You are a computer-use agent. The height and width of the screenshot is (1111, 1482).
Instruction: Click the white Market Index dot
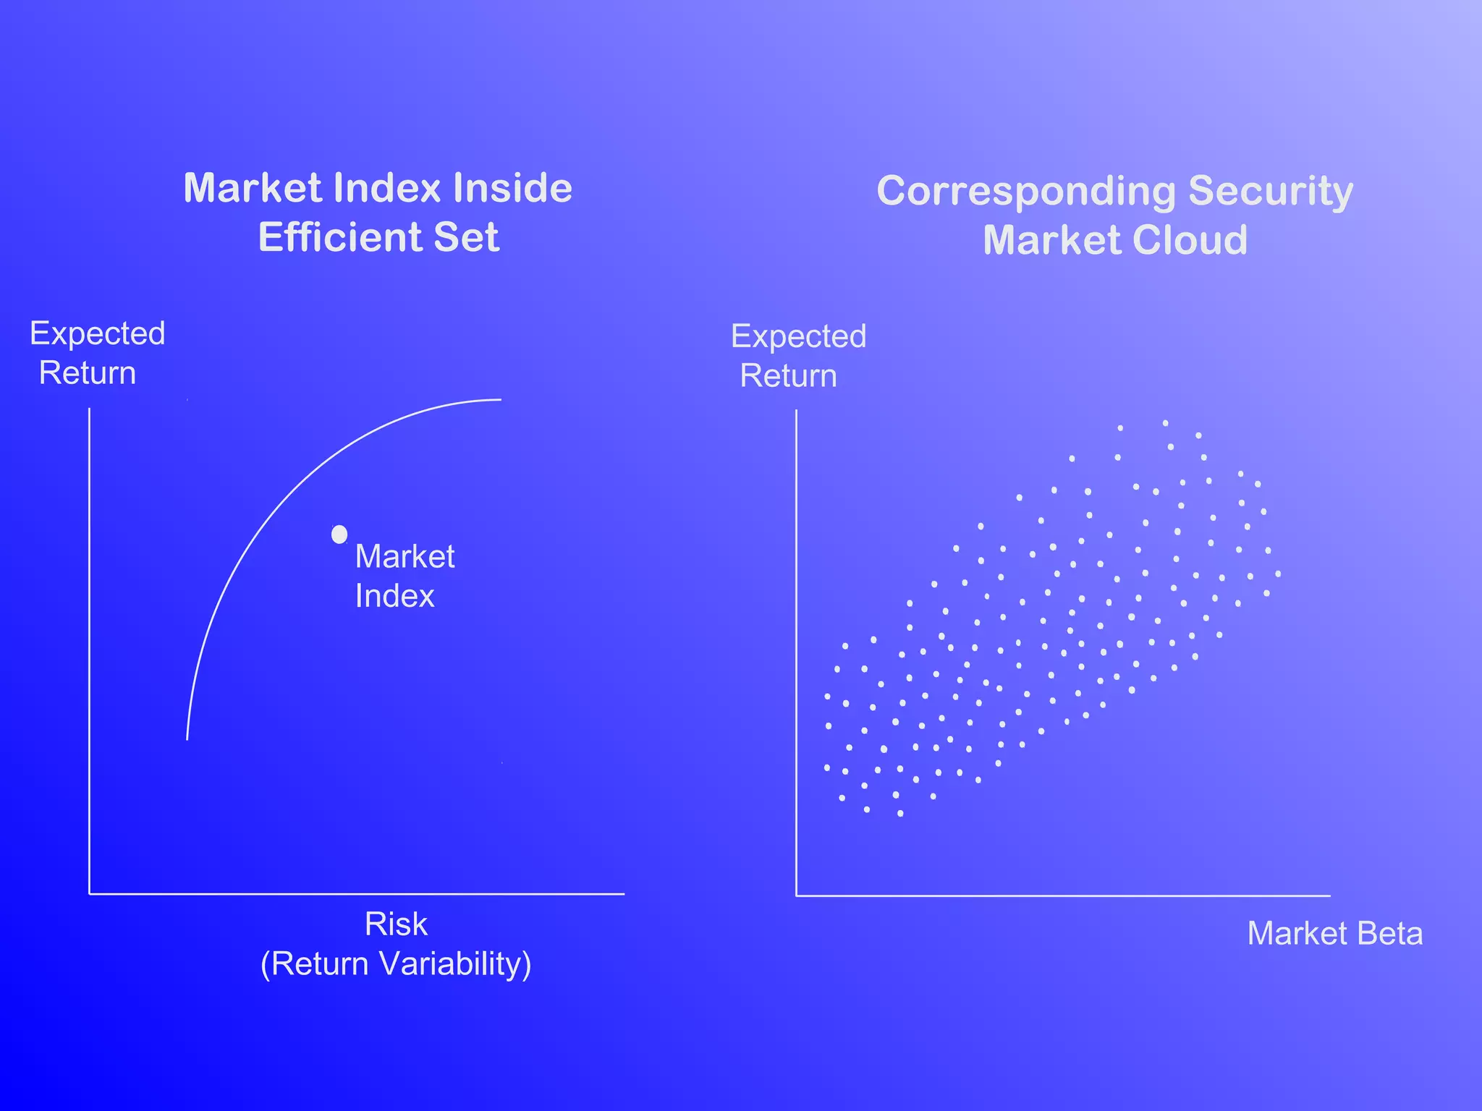[339, 535]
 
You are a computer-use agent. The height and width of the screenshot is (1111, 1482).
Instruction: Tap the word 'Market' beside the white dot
[405, 557]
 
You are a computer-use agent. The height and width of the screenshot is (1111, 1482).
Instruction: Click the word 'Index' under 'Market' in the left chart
[394, 597]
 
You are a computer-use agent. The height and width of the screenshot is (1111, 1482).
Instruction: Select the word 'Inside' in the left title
[512, 188]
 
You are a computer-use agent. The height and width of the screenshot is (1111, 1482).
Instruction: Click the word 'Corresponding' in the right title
[1025, 192]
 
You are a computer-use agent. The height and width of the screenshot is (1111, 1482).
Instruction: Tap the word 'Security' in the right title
[1271, 192]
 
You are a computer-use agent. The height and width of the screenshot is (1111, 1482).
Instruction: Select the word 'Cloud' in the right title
[1190, 240]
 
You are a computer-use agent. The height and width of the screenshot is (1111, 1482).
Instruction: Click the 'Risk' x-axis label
[396, 924]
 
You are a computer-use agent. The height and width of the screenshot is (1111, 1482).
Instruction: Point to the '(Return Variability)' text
[396, 964]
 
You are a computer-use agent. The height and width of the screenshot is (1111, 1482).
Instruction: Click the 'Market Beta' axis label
[1335, 934]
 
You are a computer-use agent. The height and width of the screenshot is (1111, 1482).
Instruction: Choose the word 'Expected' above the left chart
[98, 333]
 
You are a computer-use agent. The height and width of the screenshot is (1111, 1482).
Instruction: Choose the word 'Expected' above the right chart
[799, 336]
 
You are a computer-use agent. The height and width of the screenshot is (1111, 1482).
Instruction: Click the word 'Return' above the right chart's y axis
[789, 376]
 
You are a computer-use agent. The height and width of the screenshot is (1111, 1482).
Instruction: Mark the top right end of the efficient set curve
[500, 399]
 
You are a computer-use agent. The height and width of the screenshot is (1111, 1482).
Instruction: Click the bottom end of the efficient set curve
[187, 738]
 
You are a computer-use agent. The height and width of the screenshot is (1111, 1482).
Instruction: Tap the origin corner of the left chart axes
[90, 894]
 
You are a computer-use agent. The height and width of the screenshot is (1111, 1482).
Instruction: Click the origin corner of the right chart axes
[797, 895]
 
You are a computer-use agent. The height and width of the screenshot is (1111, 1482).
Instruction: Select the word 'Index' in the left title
[387, 188]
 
